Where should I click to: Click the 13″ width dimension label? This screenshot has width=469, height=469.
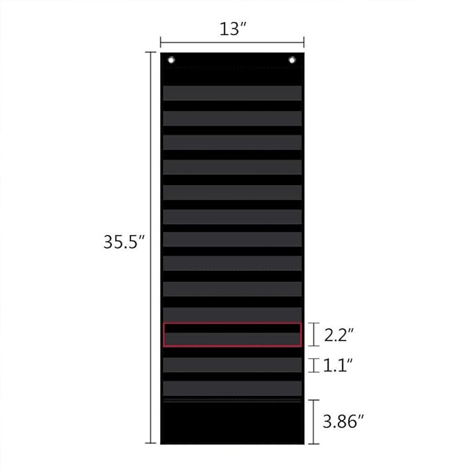point(233,29)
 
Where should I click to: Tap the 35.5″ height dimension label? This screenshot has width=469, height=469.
point(124,242)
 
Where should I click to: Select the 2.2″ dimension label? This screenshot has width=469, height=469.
point(339,335)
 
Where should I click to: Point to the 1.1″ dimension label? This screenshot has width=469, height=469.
point(338,365)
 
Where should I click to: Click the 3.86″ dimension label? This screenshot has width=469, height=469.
point(343,421)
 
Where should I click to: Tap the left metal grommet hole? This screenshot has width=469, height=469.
point(171,60)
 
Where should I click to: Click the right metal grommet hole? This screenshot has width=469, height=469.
point(292,60)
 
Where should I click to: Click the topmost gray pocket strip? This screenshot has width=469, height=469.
point(232,93)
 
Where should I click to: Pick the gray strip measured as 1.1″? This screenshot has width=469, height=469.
point(232,365)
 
